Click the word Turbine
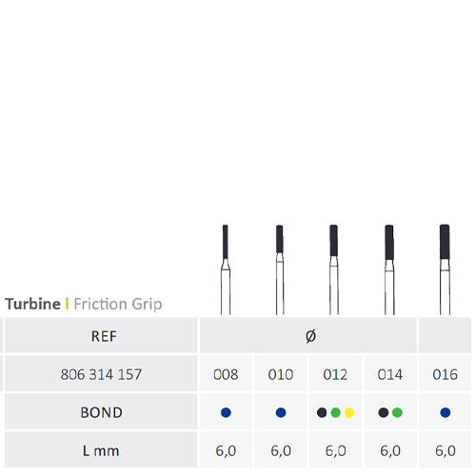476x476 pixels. click(x=32, y=304)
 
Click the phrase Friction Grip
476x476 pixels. click(x=118, y=305)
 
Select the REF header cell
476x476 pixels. click(x=101, y=335)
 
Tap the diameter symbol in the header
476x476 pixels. click(x=310, y=336)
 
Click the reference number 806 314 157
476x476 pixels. click(x=101, y=374)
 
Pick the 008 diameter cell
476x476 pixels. click(x=226, y=373)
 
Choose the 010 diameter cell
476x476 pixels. click(x=281, y=373)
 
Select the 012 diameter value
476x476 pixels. click(x=335, y=374)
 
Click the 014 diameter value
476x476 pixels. click(x=390, y=374)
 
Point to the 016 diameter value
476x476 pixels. click(x=445, y=374)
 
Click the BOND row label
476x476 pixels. click(x=101, y=412)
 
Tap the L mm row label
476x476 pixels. click(x=101, y=450)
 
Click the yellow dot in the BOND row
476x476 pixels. click(x=349, y=412)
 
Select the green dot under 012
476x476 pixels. click(x=335, y=412)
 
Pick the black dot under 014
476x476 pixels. click(x=384, y=412)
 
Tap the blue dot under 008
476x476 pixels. click(x=226, y=412)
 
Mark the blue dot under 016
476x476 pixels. click(x=446, y=412)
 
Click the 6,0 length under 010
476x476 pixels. click(x=281, y=450)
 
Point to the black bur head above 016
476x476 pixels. click(x=445, y=242)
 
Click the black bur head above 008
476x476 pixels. click(x=226, y=242)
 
